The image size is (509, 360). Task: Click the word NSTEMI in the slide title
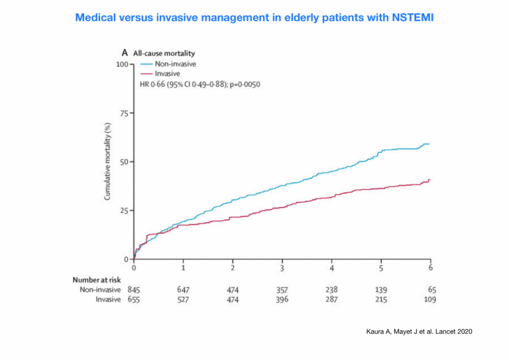[x=413, y=17]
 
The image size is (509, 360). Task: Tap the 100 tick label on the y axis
[x=122, y=64]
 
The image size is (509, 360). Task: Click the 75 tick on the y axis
[x=124, y=113]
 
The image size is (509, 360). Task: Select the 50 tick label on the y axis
[x=124, y=162]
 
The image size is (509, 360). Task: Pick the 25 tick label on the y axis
[x=124, y=211]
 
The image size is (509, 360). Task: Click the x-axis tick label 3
[x=282, y=268]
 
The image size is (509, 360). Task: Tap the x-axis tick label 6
[x=430, y=268]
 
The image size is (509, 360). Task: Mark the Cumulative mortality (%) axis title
[x=107, y=161]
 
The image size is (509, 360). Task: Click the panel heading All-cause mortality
[x=164, y=53]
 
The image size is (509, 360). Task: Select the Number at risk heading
[x=96, y=280]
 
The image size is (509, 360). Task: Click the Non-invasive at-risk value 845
[x=134, y=290]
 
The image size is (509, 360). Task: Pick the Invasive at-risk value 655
[x=134, y=299]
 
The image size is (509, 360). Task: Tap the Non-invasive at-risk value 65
[x=432, y=290]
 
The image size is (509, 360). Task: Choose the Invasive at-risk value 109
[x=430, y=299]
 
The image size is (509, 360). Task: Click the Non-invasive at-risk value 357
[x=282, y=290]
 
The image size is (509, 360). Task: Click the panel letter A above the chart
[x=125, y=52]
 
